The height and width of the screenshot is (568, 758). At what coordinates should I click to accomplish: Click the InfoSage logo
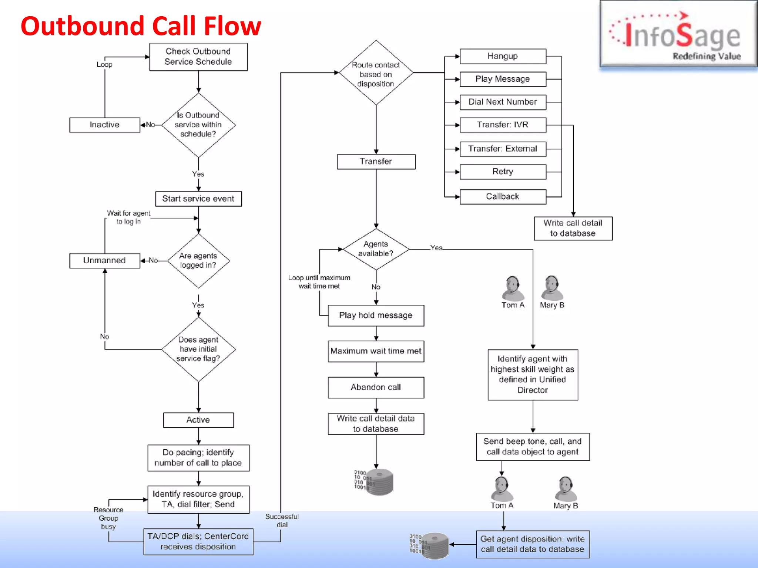click(677, 35)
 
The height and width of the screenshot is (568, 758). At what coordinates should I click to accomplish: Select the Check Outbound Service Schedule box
click(198, 57)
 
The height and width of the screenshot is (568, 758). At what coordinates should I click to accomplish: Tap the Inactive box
click(105, 125)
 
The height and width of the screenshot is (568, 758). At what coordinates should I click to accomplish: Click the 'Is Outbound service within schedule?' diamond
click(198, 125)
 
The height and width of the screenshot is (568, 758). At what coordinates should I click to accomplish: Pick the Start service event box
click(198, 199)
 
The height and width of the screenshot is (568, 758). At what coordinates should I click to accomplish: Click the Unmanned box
click(105, 261)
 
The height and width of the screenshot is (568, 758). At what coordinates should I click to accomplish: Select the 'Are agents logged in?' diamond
click(198, 261)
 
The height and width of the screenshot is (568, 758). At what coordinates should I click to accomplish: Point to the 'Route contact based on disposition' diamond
click(376, 73)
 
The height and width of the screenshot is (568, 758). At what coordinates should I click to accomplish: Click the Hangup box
click(503, 56)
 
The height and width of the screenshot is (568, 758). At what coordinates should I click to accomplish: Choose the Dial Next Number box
click(503, 102)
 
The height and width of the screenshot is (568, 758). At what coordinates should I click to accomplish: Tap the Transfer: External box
click(503, 149)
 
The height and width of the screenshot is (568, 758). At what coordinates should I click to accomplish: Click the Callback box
click(503, 197)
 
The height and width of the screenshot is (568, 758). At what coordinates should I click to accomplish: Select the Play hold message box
click(376, 315)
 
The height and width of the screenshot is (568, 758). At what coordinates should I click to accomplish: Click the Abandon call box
click(376, 388)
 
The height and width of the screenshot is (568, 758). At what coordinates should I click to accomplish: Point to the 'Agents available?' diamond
click(376, 249)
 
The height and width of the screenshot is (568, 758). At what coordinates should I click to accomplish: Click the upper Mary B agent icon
click(552, 288)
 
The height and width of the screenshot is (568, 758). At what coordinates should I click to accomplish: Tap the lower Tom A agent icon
click(502, 489)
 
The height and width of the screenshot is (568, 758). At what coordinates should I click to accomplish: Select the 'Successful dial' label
click(282, 520)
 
